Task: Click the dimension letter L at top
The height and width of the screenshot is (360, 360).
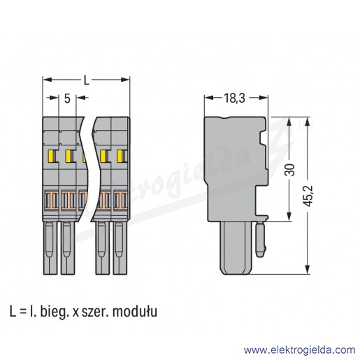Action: point(87,80)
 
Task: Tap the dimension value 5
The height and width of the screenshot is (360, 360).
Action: point(67,99)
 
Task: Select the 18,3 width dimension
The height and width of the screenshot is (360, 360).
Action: point(234,98)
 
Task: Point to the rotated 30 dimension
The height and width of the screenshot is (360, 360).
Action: point(290,169)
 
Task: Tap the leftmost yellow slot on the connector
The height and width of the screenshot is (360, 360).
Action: point(50,156)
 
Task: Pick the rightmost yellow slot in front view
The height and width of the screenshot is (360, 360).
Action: point(120,156)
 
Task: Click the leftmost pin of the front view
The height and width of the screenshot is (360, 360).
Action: point(50,247)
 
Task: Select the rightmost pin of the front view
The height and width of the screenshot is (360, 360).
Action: point(120,247)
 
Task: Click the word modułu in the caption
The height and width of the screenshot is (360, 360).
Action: point(135,312)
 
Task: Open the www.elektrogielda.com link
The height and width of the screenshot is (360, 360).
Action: point(299,350)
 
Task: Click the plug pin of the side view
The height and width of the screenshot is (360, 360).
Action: point(236,247)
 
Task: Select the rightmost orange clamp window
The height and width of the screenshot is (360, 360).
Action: point(121,200)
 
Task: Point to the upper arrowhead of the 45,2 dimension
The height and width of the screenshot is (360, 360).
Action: point(308,122)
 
